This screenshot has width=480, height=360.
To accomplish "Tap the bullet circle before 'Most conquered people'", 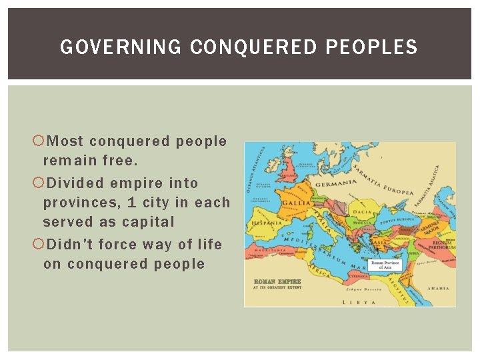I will tap(38, 141).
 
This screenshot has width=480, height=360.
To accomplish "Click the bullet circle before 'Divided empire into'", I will tap(38, 183).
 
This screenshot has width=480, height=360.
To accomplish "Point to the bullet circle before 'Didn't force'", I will tap(38, 245).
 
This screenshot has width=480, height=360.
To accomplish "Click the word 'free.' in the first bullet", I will tap(120, 161).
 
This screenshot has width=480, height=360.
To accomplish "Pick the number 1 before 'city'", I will tap(131, 202).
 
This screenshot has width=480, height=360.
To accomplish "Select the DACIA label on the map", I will tap(362, 212).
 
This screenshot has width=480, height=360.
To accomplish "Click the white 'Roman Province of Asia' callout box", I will tap(386, 265).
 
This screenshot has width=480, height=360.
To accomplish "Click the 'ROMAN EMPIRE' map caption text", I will tap(274, 281).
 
